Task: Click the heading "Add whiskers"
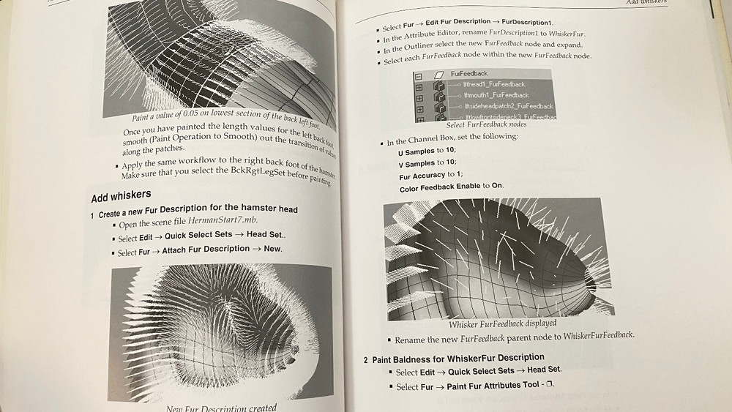point(121,195)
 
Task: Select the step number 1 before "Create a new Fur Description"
point(92,215)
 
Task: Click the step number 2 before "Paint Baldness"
point(366,359)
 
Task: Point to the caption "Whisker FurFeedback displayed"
point(502,323)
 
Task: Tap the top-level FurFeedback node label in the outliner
point(469,74)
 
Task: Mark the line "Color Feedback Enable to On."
point(452,187)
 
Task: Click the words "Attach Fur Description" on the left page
point(206,250)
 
